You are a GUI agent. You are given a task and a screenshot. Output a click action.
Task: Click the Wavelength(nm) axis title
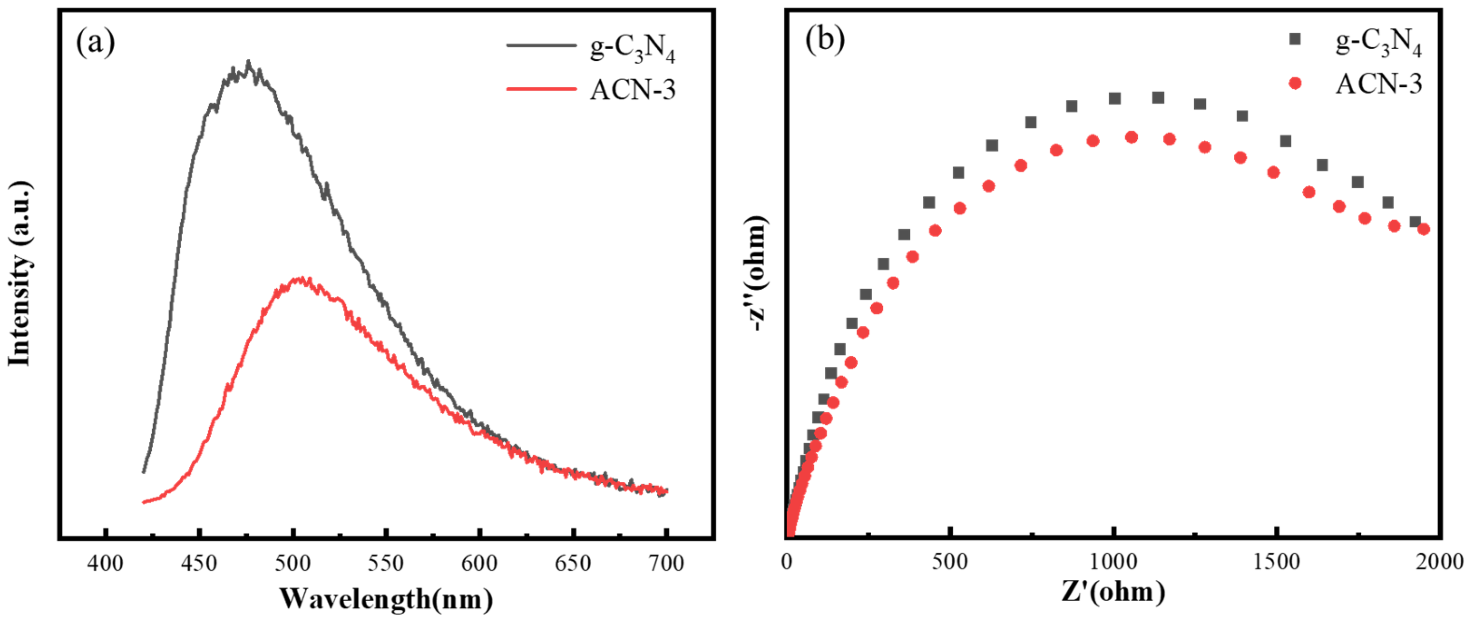[386, 598]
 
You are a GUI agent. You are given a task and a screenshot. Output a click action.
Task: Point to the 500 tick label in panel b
[950, 562]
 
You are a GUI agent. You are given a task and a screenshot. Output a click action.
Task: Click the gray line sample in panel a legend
[541, 44]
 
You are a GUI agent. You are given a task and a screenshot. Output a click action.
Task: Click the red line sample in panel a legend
[541, 89]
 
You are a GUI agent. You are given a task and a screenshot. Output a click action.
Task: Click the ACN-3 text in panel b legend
[1378, 84]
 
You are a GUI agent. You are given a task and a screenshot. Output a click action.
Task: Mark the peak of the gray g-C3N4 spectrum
[248, 62]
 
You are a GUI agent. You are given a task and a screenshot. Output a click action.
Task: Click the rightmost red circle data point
[1424, 229]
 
